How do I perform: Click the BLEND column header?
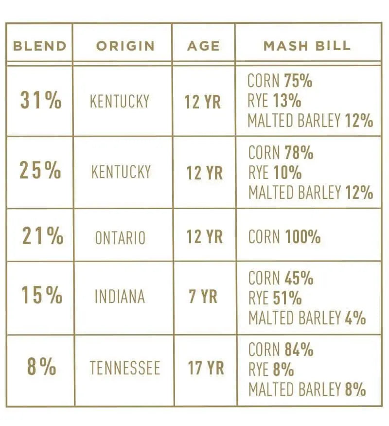[39, 46]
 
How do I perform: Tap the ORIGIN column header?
[125, 46]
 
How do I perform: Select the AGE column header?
[204, 46]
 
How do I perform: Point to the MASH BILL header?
[307, 46]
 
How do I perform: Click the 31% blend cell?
[41, 101]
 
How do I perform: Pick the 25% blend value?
[40, 171]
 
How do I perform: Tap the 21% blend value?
[42, 236]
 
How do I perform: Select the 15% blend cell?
[42, 296]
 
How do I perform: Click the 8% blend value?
[41, 367]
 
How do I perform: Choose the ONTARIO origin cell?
[120, 238]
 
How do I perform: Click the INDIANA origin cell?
[120, 297]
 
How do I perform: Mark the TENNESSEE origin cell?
[124, 368]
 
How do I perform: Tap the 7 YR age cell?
[203, 297]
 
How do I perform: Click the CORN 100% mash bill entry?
[284, 237]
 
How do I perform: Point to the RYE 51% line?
[275, 298]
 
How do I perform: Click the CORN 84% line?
[281, 350]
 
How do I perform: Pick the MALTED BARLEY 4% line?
[307, 318]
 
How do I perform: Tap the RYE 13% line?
[274, 101]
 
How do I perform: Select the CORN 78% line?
[281, 153]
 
